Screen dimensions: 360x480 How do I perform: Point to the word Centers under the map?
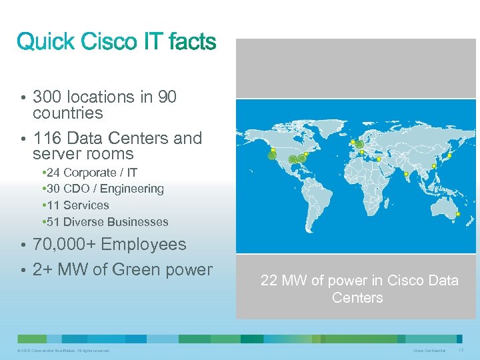coord(357,297)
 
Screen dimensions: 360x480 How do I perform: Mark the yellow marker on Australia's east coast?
coord(458,214)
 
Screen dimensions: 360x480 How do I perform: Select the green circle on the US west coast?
coord(272,156)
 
